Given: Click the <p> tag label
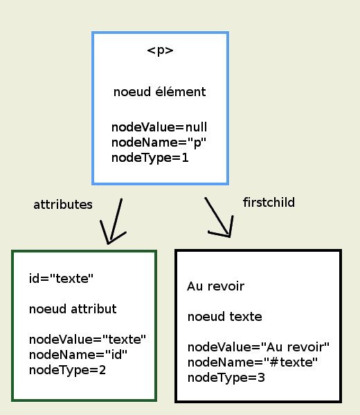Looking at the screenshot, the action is (160, 50).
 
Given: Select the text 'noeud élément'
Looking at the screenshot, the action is (159, 92).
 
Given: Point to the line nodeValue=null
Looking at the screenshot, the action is (159, 127).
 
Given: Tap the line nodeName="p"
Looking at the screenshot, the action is (159, 142).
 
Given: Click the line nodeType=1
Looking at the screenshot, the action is (150, 158).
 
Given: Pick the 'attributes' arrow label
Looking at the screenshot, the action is (63, 205).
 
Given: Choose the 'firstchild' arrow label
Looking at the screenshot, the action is (269, 203).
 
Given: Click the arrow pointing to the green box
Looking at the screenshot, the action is (114, 222).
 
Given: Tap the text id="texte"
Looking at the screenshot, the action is (61, 279).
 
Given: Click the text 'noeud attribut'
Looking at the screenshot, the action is (73, 309).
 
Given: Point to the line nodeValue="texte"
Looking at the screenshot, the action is (87, 340).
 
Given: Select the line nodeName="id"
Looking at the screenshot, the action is (78, 355).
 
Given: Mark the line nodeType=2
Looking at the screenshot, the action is (68, 370).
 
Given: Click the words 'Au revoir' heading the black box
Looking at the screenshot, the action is (215, 286).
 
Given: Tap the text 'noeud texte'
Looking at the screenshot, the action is (225, 317).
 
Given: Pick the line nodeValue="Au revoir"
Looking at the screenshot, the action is (258, 347).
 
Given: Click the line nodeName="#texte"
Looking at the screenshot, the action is (253, 362).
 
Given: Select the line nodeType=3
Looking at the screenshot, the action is (226, 378).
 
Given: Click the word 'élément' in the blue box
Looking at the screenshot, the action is (181, 92).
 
